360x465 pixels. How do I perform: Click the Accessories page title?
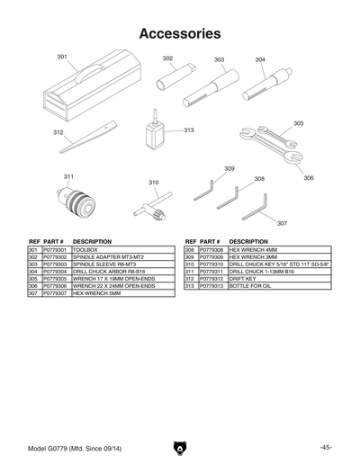click(180, 34)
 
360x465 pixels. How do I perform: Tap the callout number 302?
click(168, 58)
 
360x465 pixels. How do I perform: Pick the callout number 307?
click(282, 222)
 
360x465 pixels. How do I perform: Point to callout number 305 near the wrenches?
click(298, 123)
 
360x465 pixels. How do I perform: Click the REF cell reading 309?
click(190, 257)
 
